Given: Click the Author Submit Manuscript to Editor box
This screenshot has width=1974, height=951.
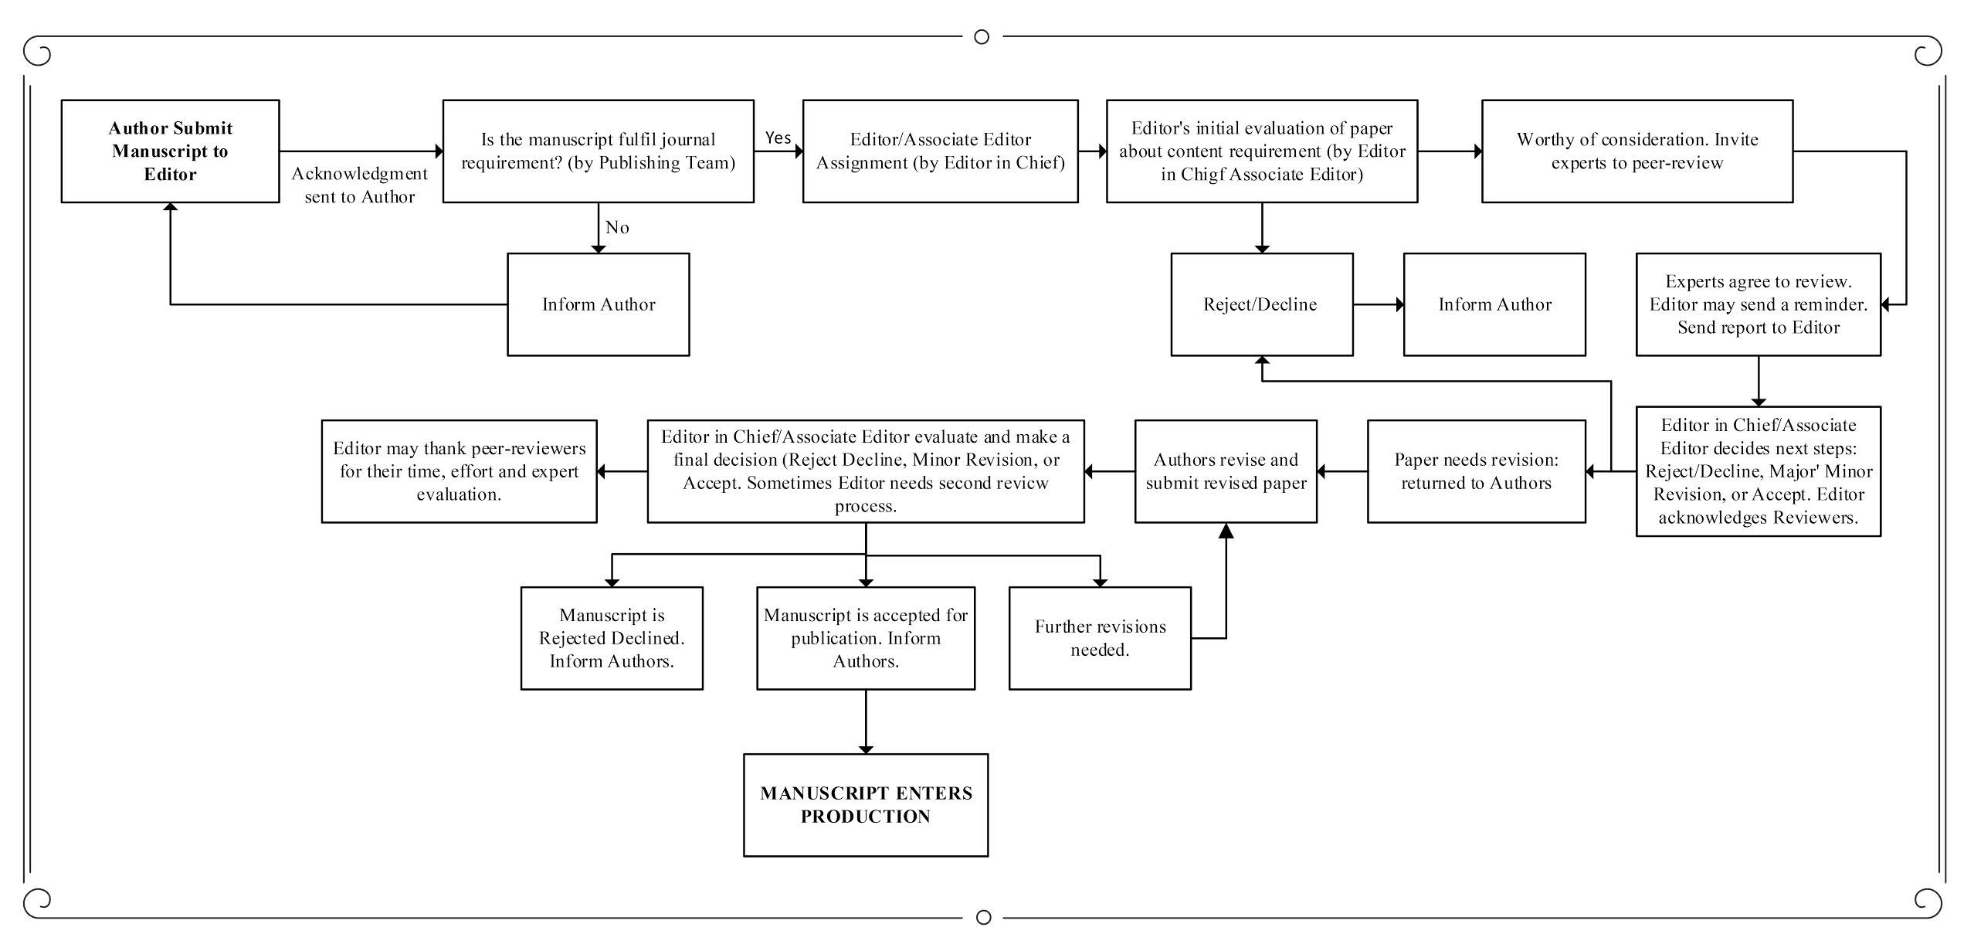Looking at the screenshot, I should (x=170, y=151).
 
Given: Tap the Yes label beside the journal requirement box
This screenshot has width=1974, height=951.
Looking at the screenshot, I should (x=778, y=138).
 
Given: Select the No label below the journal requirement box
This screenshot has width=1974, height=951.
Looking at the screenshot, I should (x=617, y=227).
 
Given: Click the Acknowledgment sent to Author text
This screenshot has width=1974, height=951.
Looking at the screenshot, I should (x=359, y=185).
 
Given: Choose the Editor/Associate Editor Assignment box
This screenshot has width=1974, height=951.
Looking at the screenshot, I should (x=940, y=151).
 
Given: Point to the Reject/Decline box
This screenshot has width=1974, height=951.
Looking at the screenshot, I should (x=1261, y=304).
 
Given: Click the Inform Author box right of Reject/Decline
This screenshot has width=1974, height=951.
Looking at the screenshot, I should (x=1494, y=304).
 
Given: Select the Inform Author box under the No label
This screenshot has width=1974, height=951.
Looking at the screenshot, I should (x=598, y=304).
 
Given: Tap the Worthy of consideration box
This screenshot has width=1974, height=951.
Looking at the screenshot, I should (x=1637, y=151).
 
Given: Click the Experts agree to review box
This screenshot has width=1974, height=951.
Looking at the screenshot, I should (x=1758, y=304).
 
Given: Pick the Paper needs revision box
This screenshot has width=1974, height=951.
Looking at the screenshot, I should (x=1476, y=471).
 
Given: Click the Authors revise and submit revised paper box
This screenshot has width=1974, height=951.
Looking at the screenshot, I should (x=1226, y=471).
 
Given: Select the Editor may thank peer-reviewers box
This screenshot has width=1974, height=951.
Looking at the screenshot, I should (x=459, y=471).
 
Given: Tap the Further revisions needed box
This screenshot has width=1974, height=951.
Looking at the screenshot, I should (x=1100, y=638).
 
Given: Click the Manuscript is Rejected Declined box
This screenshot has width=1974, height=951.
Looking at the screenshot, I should (x=612, y=638).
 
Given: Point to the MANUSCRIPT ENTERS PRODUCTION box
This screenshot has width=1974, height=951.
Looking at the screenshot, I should (x=865, y=805).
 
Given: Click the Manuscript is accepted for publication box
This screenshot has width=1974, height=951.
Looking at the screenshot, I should (x=865, y=638).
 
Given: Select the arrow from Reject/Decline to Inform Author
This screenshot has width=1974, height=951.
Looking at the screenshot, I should (x=1378, y=304).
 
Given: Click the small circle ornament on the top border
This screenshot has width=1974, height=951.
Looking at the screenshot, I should (x=982, y=36).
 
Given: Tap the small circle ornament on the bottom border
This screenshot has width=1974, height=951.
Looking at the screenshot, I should (x=983, y=917).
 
